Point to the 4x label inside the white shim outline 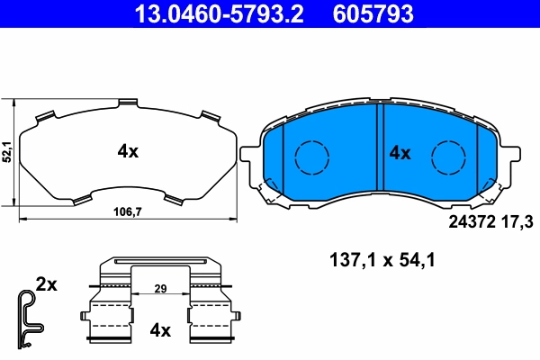point(128,152)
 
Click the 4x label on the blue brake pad point(400,153)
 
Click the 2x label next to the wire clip point(46,284)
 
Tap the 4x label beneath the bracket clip point(159,330)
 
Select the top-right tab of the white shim point(209,115)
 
